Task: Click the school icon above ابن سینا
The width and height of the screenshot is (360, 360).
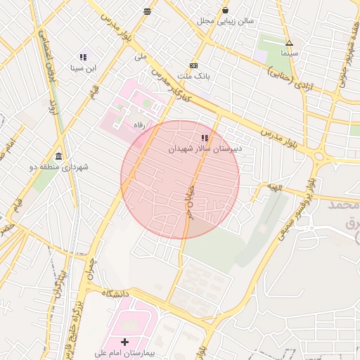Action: tap(83, 57)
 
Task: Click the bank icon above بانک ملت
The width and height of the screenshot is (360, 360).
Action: tap(194, 65)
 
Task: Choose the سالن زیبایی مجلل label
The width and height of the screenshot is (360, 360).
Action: tap(224, 21)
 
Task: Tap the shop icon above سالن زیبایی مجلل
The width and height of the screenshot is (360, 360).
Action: tap(225, 10)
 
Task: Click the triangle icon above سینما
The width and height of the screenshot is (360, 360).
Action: tap(289, 43)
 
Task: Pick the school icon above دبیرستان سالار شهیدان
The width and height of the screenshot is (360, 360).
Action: tap(205, 138)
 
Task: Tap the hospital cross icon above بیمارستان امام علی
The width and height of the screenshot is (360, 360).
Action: tap(125, 341)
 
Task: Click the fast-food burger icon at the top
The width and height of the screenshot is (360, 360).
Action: tap(146, 11)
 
